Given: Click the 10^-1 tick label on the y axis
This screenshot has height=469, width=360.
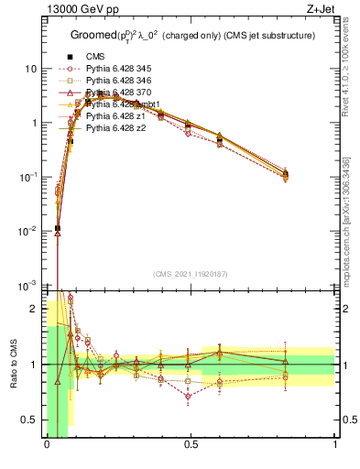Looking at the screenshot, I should pos(27,177).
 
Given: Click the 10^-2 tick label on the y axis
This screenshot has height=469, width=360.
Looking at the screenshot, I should pos(27,231).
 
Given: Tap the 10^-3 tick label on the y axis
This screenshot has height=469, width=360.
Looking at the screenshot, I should pos(27,285).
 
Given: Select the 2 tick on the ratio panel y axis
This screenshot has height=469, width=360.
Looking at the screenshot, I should pos(35,310).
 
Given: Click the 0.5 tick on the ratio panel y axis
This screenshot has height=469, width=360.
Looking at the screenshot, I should pos(31,420).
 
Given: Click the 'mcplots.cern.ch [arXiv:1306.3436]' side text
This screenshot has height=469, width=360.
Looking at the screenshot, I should pos(347,229).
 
